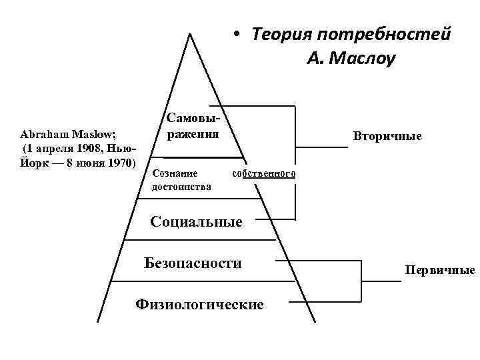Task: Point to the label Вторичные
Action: (x=388, y=136)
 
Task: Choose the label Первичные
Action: (x=439, y=270)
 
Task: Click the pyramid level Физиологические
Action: (x=199, y=305)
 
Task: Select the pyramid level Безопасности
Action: (x=193, y=263)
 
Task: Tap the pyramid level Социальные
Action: (x=197, y=221)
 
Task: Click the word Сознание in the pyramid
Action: (x=175, y=173)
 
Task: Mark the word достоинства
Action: (x=181, y=187)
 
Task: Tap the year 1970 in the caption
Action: (x=118, y=162)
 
